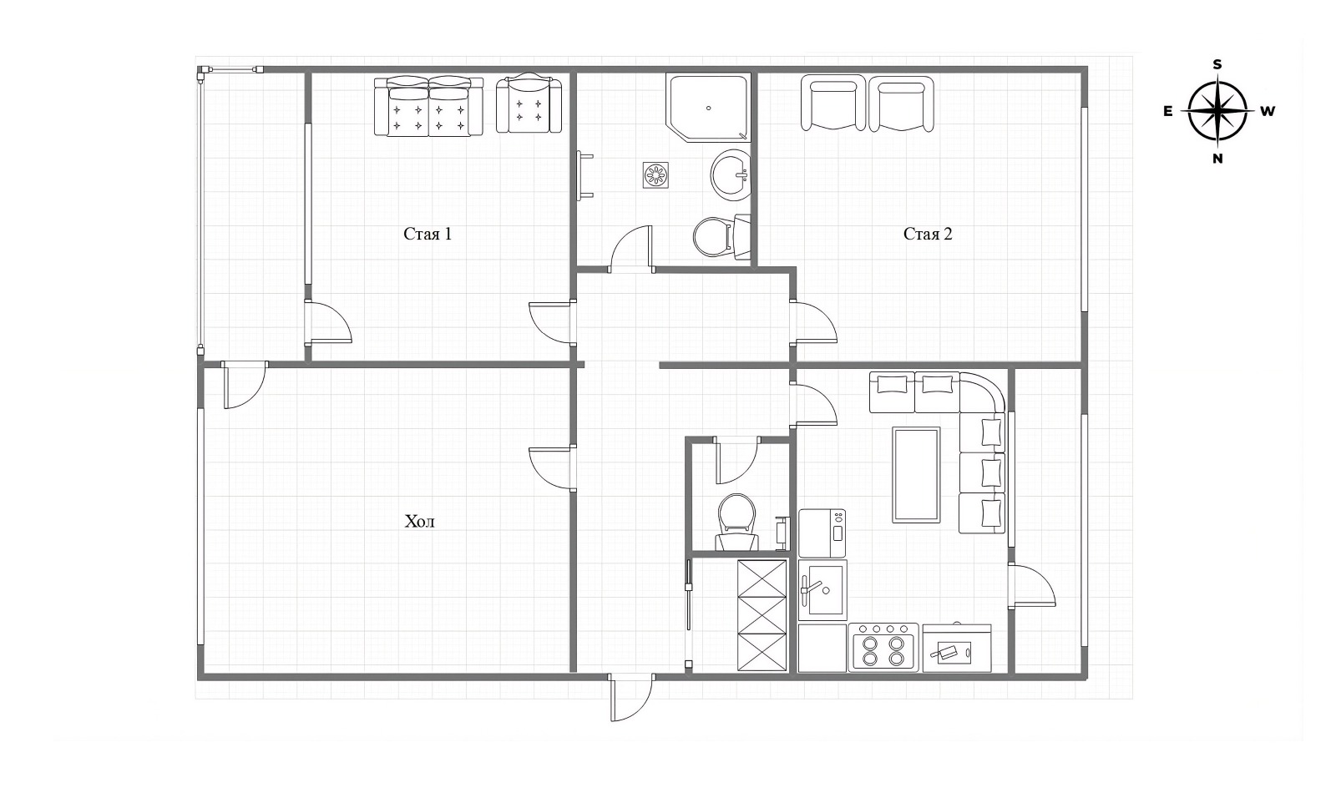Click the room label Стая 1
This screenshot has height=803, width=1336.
coord(428,234)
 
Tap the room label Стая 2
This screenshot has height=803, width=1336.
coord(928,234)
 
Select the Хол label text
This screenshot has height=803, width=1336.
coord(419,522)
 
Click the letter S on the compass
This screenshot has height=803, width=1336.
coord(1217,64)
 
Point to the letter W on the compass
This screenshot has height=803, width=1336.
coord(1268,111)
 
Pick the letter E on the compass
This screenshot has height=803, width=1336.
coord(1168,111)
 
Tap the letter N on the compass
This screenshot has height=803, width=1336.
coord(1217,159)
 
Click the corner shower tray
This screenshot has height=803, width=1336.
coord(708,108)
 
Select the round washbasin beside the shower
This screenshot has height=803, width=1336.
coord(731,174)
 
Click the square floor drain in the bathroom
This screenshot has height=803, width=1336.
coord(655,174)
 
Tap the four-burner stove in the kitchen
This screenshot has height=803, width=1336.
coord(883,647)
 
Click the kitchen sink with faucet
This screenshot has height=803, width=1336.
coord(822,589)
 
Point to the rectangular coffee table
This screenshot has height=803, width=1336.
coord(916,474)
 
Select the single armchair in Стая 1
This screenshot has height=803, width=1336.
coord(529,104)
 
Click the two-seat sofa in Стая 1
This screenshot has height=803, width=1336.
coord(429,106)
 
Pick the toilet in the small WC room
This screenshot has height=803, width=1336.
coord(736,523)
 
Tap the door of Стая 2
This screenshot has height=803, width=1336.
coord(813,322)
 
